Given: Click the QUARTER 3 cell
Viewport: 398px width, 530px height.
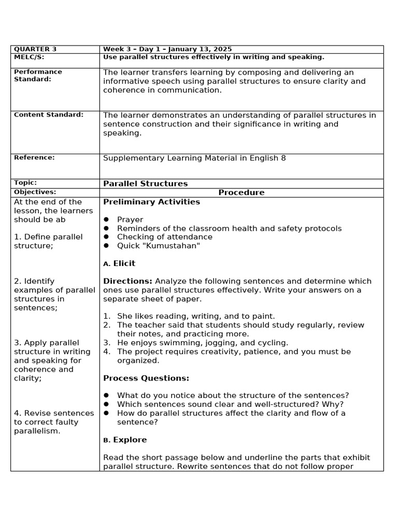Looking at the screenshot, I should pos(35,49).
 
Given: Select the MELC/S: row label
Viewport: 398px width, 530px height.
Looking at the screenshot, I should pos(30,57).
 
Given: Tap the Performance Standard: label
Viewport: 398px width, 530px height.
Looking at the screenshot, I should pos(38,76).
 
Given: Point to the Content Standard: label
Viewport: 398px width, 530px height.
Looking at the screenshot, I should pos(49,115).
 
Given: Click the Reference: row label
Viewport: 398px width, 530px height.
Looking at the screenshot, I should pos(34,157).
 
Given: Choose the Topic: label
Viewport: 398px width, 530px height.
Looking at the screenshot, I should pos(25,183).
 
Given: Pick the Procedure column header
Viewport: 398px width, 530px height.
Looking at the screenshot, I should pos(241,193).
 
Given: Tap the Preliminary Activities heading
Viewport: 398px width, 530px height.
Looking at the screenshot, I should pos(151,202).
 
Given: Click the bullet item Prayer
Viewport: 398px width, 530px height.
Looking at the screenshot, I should pos(130,219).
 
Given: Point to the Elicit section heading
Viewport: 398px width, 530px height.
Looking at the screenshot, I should pos(124,263).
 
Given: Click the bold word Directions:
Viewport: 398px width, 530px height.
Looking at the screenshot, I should pos(127,281).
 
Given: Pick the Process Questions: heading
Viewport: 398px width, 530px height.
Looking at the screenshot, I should pos(146,378).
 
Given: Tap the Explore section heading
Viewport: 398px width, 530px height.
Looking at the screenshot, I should pos(130,440).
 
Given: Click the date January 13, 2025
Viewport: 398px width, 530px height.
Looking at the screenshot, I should pos(203,49).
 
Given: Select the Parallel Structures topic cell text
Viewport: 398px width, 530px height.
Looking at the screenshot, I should pos(145,184).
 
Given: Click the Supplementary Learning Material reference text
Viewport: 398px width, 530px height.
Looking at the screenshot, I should pos(194,158).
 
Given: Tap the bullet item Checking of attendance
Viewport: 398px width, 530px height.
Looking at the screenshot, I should pos(164,237).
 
